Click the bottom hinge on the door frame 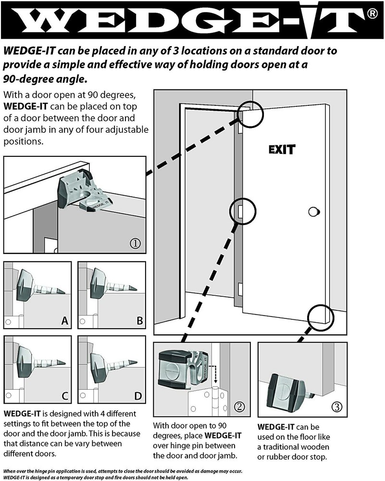pyautogui.click(x=239, y=291)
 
